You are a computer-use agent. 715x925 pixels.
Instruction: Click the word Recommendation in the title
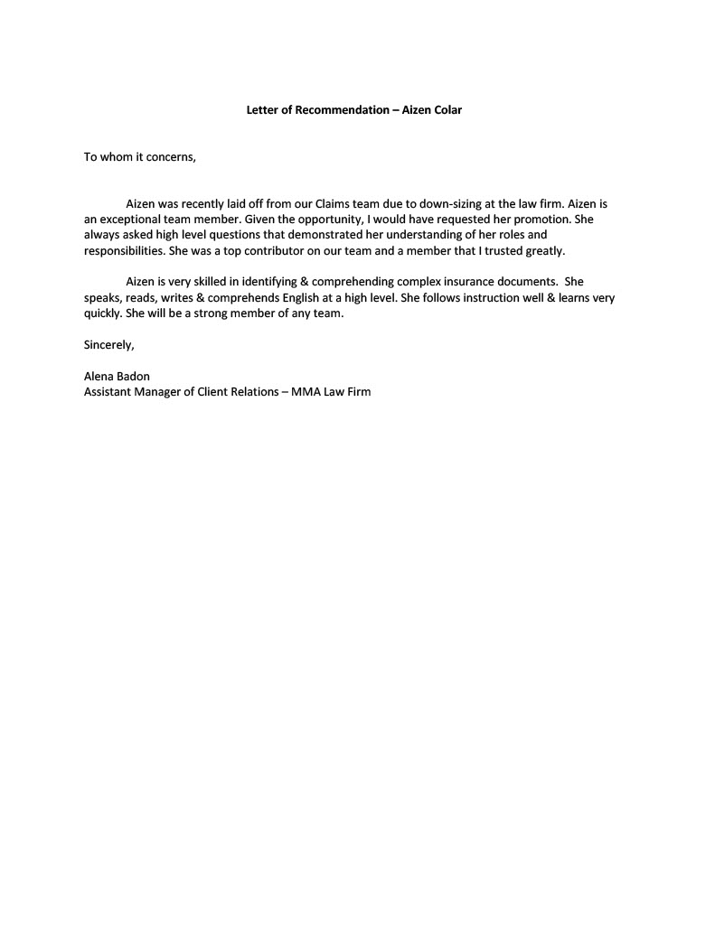(x=342, y=110)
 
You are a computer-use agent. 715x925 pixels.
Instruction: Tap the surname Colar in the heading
(x=445, y=110)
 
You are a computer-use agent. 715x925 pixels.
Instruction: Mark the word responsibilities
(x=122, y=250)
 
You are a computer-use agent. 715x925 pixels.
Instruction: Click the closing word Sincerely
(x=108, y=344)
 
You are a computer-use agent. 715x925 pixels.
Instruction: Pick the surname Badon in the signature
(x=131, y=377)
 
